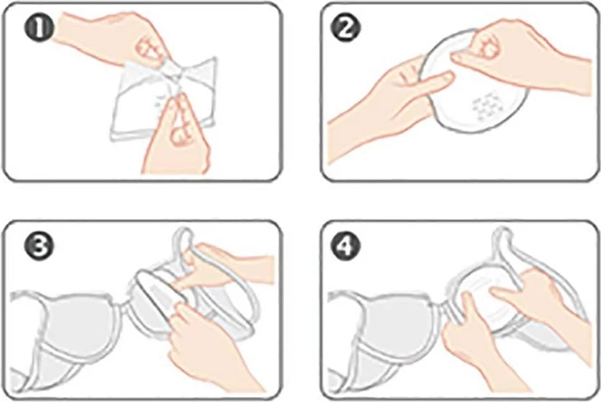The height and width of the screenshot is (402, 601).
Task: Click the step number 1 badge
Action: [39, 29]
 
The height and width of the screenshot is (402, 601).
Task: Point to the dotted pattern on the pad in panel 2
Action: [488, 105]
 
